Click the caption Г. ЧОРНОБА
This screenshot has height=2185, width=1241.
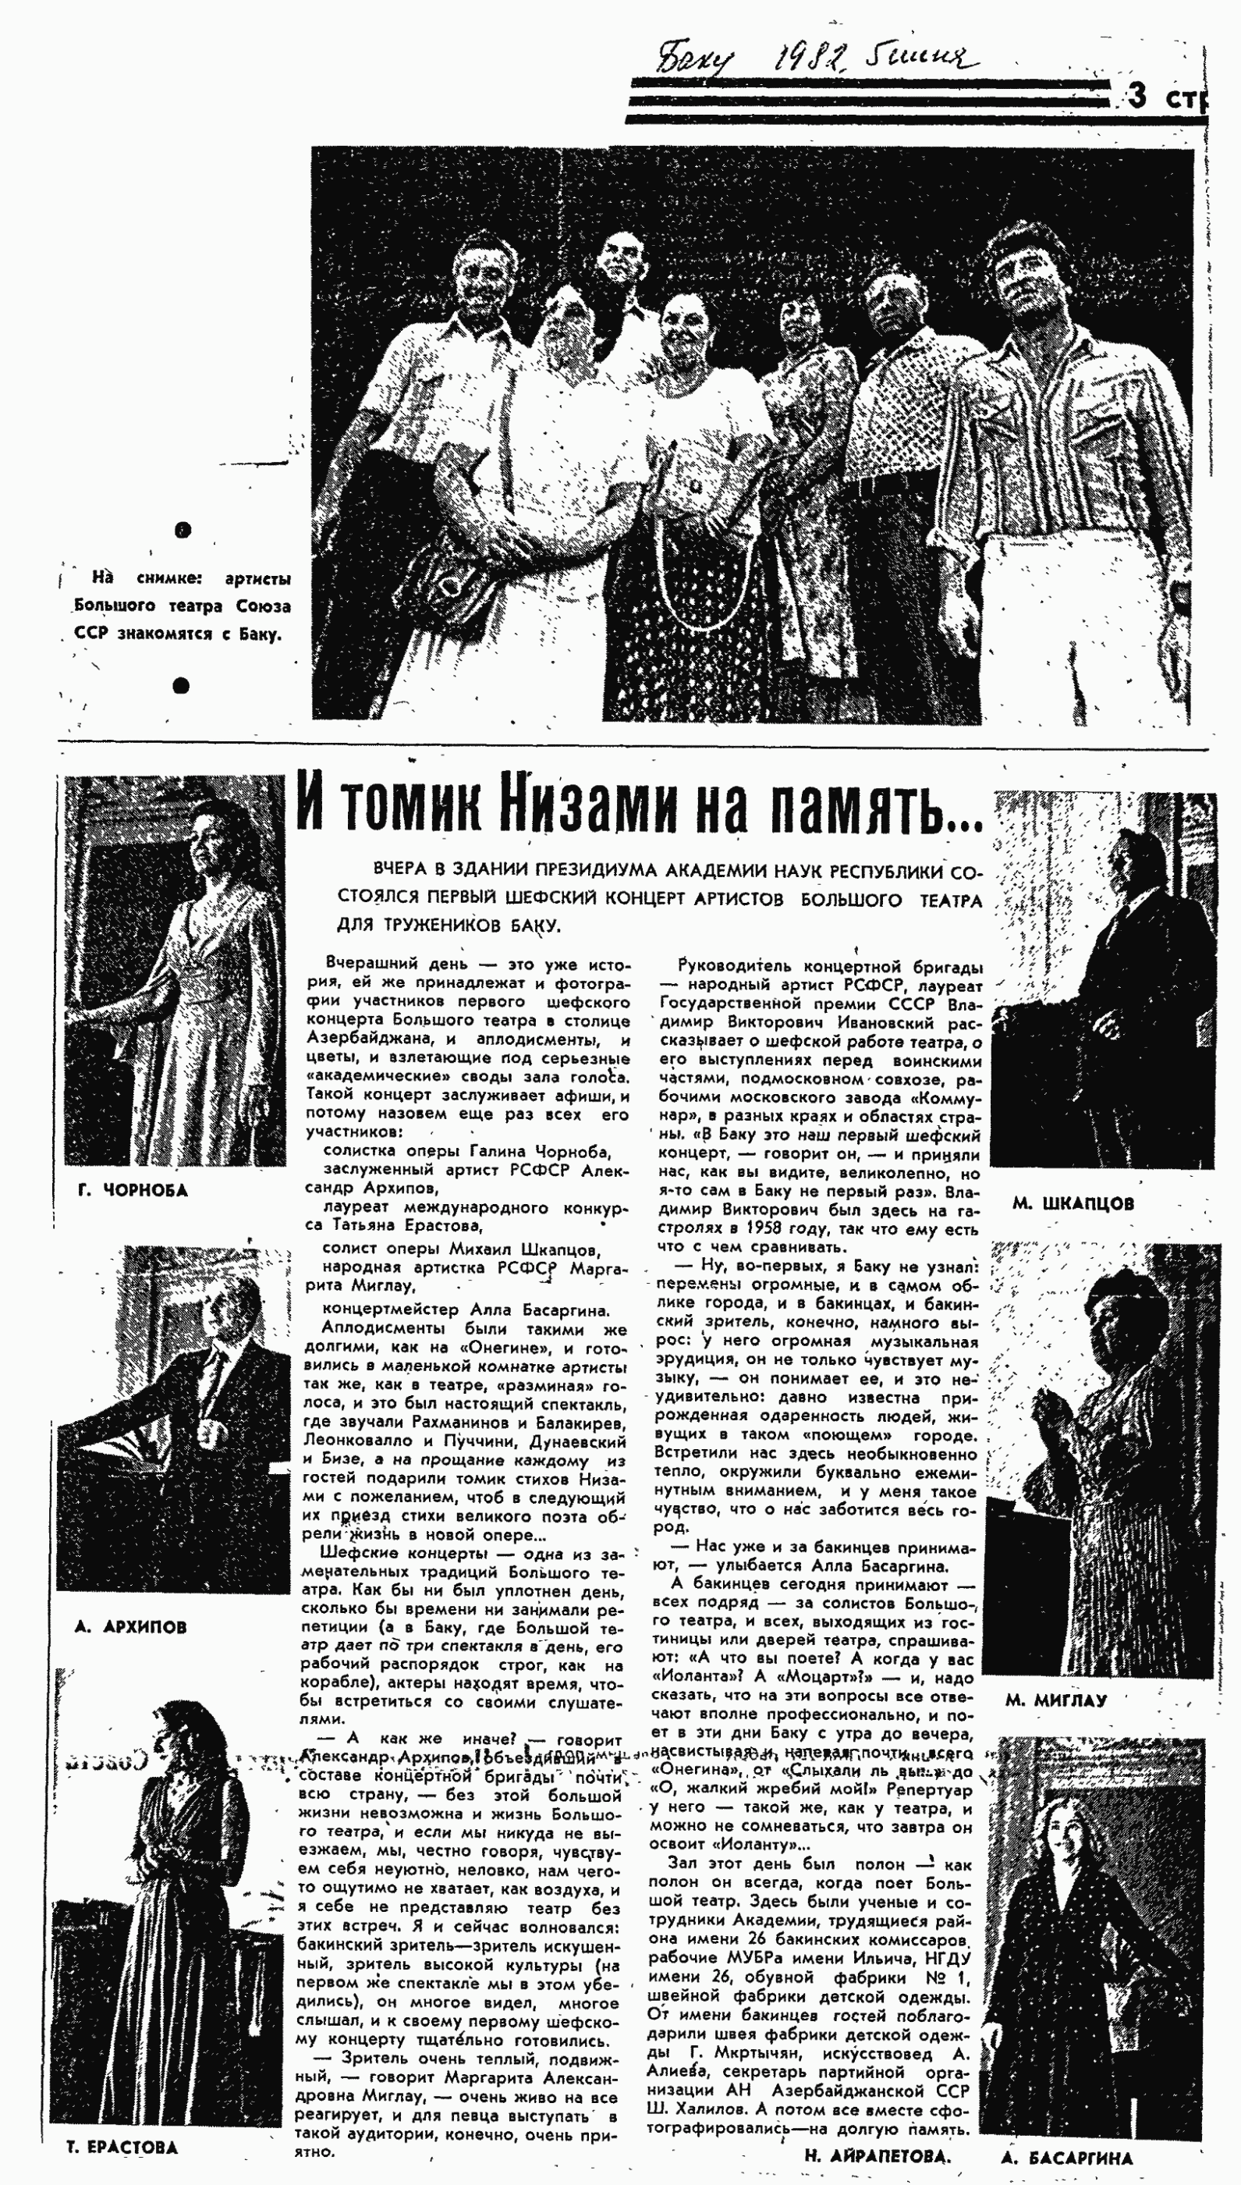(132, 1190)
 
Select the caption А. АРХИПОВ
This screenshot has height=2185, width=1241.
(130, 1626)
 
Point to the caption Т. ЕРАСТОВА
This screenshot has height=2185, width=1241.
(121, 2148)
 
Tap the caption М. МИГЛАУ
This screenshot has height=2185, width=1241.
(1056, 1700)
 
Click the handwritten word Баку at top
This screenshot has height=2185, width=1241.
(695, 59)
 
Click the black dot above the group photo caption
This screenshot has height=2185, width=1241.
(183, 531)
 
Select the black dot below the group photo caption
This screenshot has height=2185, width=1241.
(181, 684)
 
